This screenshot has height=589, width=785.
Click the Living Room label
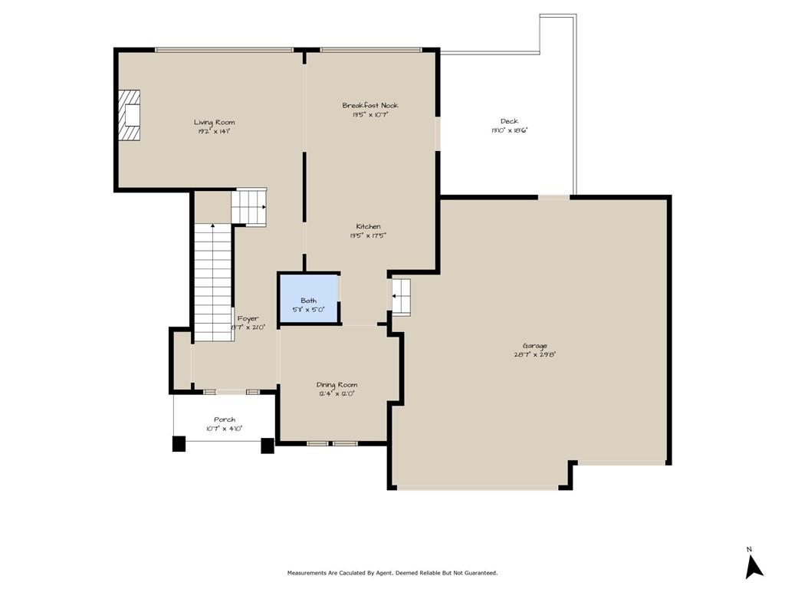[x=214, y=122]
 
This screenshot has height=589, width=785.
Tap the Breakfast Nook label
[x=370, y=105]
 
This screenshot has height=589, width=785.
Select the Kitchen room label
[x=368, y=226]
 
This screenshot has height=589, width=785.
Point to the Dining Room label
[x=337, y=384]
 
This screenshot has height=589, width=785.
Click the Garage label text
[x=535, y=346]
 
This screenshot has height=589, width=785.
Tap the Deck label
[x=509, y=121]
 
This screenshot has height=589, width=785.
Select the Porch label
[x=225, y=420]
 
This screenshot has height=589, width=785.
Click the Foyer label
[x=248, y=318]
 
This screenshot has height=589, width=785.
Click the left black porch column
[x=179, y=443]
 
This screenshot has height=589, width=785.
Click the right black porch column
[x=268, y=445]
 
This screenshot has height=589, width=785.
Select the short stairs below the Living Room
[x=249, y=206]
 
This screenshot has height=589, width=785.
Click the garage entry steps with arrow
[x=402, y=297]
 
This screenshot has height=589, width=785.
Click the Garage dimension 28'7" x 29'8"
[x=535, y=355]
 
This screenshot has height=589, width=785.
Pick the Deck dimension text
[x=509, y=130]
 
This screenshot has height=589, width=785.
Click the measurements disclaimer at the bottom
[x=392, y=573]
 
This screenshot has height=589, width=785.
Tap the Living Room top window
[x=224, y=51]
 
